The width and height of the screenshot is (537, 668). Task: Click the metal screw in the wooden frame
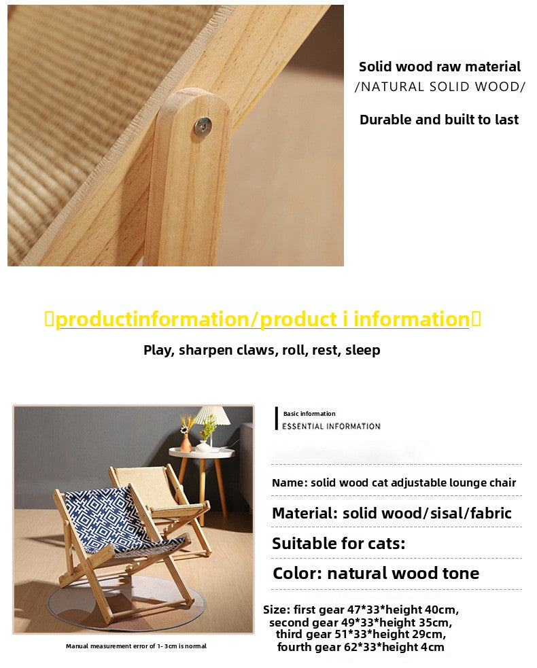click(x=203, y=125)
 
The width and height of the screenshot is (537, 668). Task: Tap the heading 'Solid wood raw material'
click(x=440, y=67)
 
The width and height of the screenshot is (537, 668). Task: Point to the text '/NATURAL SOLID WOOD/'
click(x=440, y=87)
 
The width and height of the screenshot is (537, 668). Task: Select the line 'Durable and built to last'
click(x=439, y=120)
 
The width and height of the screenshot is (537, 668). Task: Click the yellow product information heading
click(x=262, y=319)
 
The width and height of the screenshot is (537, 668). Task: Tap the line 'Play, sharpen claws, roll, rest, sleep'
click(x=262, y=350)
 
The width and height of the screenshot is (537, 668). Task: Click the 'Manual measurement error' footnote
click(x=136, y=646)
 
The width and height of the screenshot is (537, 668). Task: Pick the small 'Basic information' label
click(x=309, y=414)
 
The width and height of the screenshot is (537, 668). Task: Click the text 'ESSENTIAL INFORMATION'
click(x=331, y=426)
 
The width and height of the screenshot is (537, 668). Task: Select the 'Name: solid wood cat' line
click(x=394, y=482)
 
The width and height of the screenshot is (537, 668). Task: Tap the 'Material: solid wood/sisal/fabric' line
click(x=392, y=513)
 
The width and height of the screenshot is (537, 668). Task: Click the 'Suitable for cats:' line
click(x=339, y=544)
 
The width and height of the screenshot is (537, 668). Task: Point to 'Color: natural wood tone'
click(x=376, y=573)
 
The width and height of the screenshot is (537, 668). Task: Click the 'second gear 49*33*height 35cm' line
click(x=360, y=622)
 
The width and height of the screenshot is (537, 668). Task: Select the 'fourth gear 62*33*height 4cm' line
click(x=360, y=647)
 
